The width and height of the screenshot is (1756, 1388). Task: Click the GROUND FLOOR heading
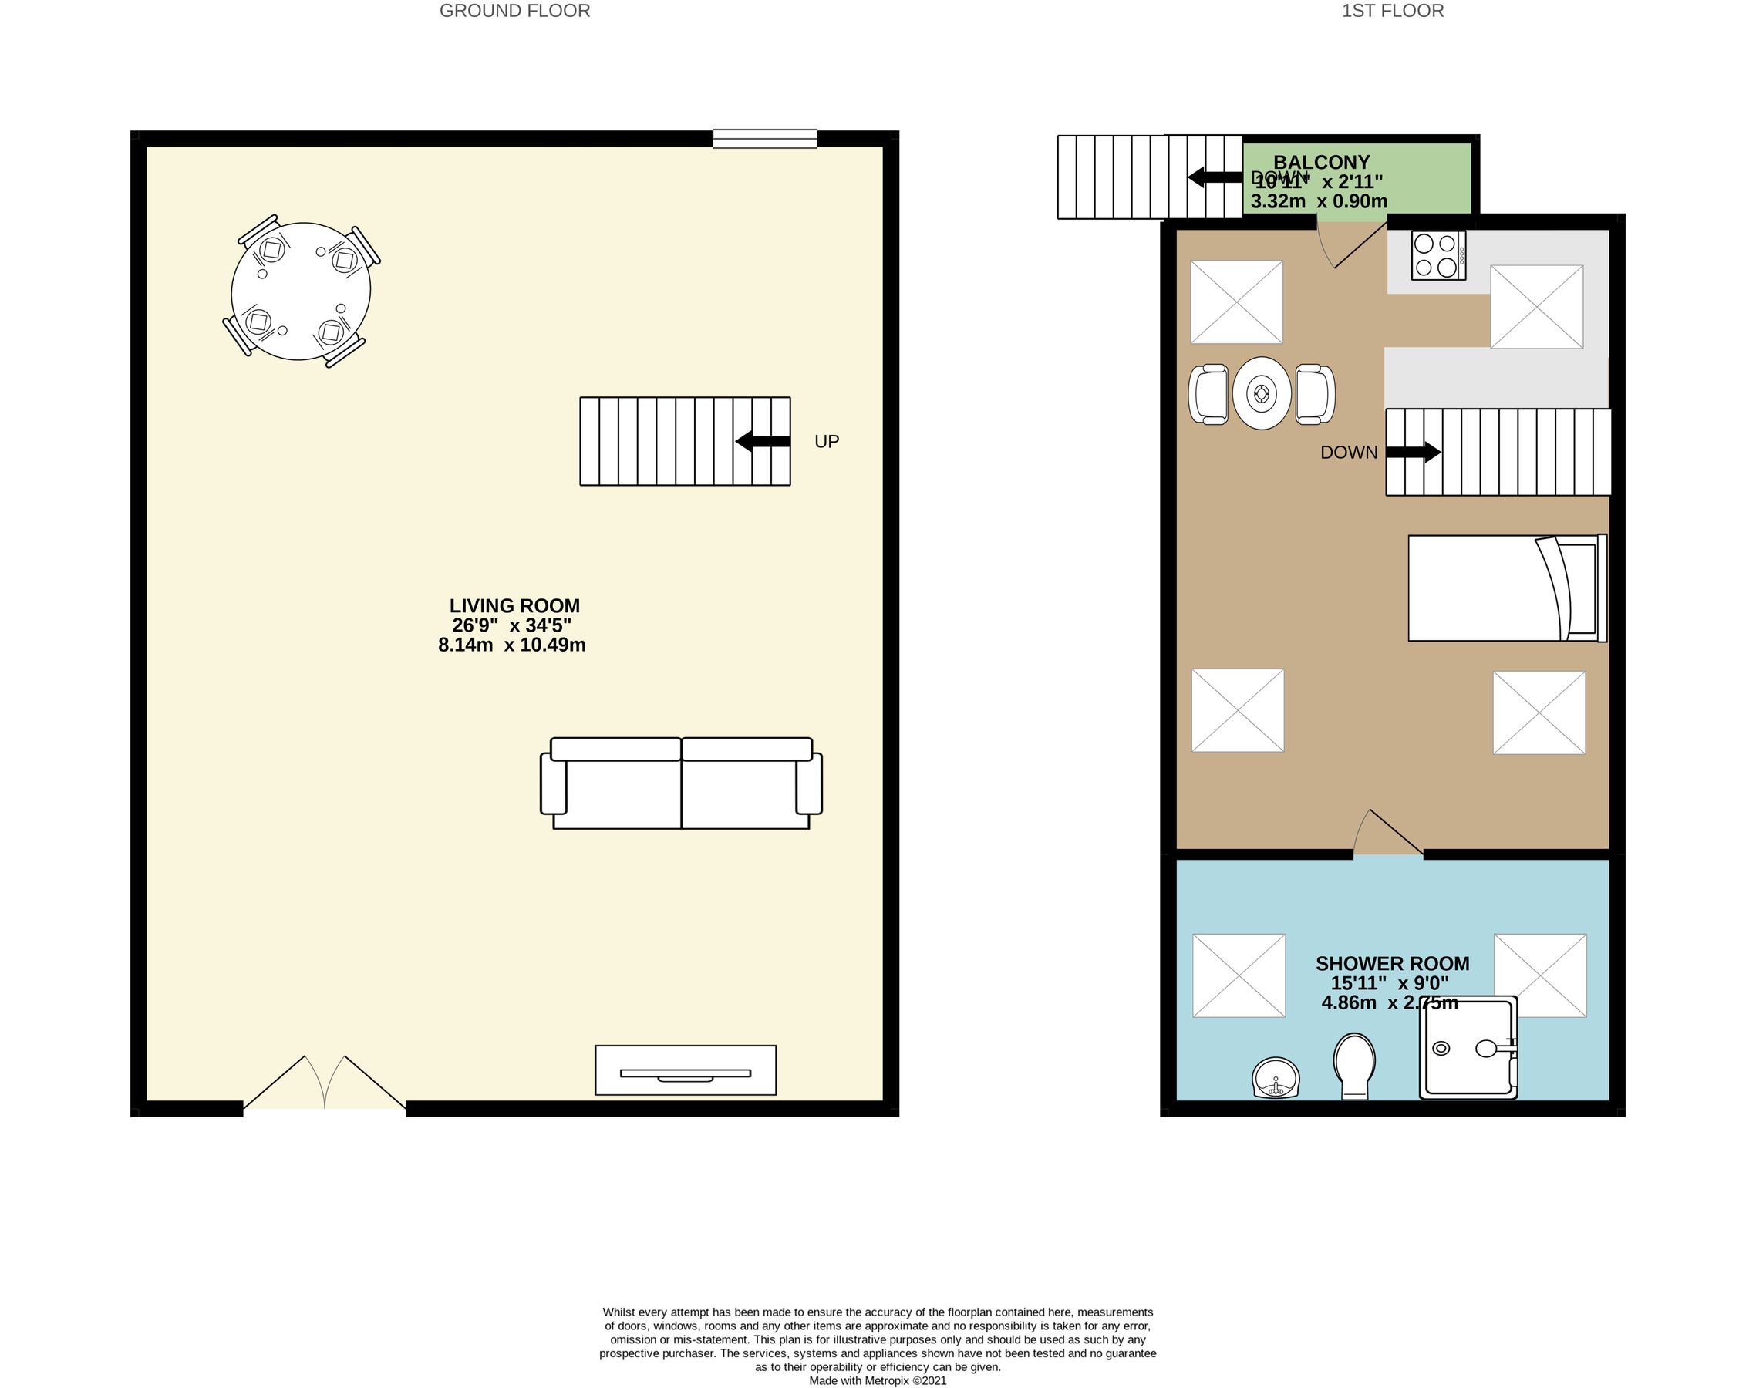(514, 12)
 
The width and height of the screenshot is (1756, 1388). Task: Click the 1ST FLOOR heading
(1392, 12)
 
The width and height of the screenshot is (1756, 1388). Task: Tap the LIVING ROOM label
(514, 606)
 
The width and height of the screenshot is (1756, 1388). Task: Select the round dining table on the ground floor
(301, 291)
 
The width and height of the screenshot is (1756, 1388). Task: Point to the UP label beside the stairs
(827, 441)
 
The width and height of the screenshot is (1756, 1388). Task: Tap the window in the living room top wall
(765, 139)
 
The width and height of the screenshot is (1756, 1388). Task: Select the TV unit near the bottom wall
(685, 1070)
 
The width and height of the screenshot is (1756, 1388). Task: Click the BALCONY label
(1321, 163)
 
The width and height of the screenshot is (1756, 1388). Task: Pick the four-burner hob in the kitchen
(1437, 256)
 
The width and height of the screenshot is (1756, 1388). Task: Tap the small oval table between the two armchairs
(1261, 393)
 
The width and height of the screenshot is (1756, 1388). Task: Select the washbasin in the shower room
(1276, 1077)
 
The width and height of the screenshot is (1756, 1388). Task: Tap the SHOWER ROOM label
(1392, 964)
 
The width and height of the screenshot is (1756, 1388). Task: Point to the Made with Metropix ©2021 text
(878, 1380)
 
